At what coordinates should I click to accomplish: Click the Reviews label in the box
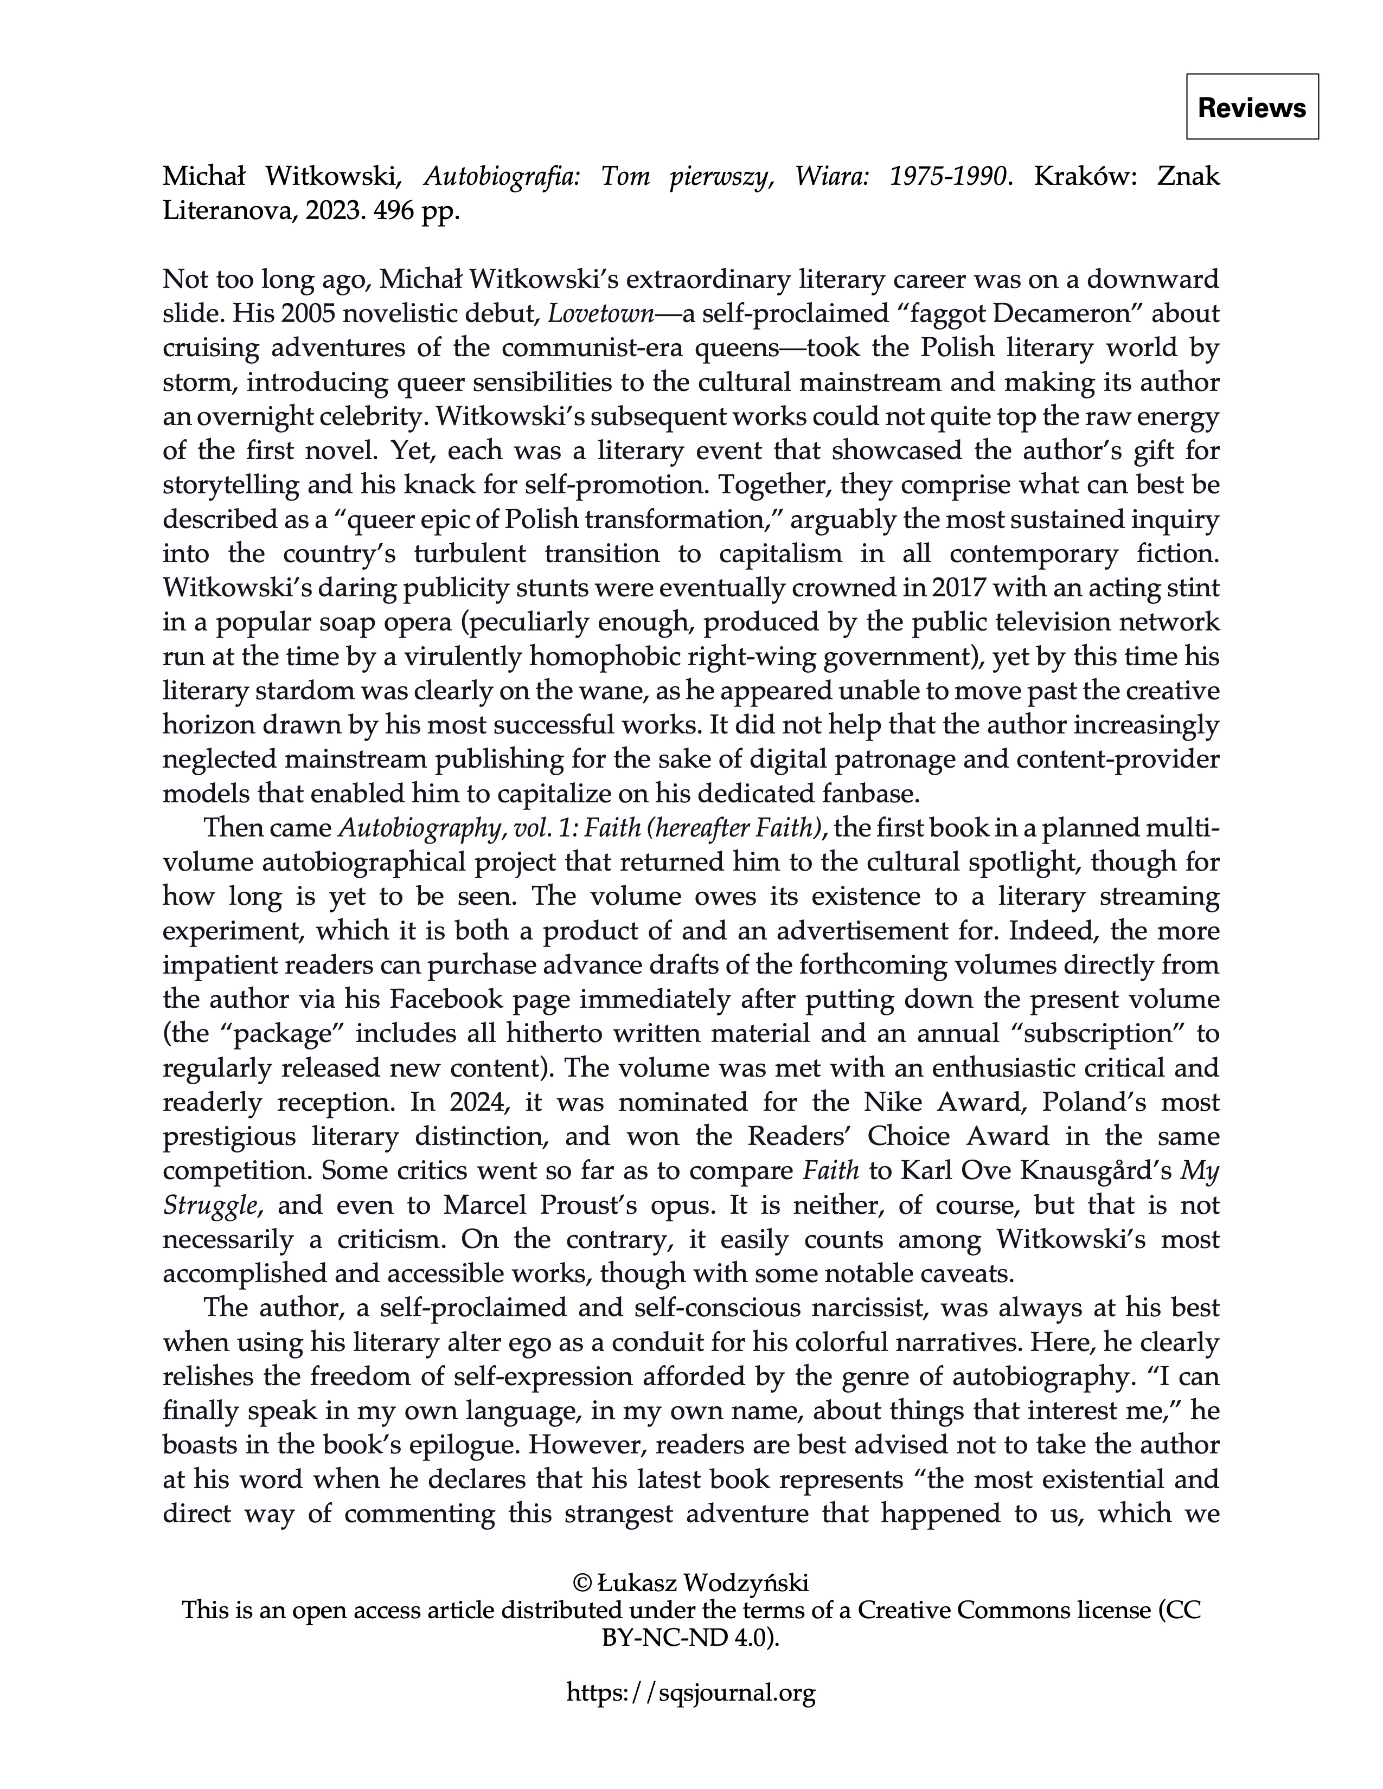pos(1251,107)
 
